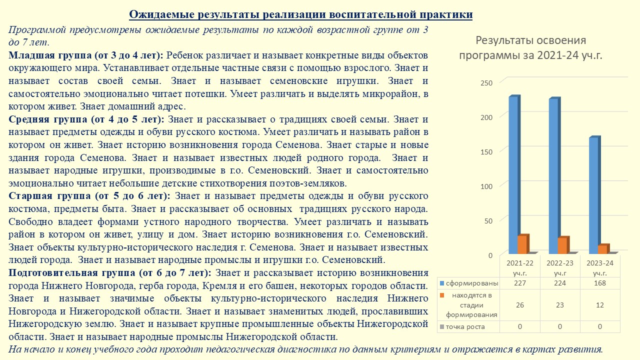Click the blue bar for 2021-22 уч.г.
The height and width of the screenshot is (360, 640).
click(513, 175)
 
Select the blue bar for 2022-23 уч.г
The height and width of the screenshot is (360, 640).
click(553, 176)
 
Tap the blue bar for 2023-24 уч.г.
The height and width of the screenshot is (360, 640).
click(593, 195)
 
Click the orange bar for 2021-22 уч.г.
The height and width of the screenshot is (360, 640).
click(522, 244)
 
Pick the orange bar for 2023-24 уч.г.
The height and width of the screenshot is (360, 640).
click(602, 249)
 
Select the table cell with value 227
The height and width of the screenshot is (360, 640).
click(520, 283)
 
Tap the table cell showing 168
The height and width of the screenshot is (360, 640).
click(600, 283)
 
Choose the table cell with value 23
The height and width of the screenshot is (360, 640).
click(560, 305)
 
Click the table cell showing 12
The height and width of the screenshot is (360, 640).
click(600, 305)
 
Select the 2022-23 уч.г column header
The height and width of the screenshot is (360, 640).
click(560, 267)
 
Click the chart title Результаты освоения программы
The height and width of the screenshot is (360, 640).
click(530, 47)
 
